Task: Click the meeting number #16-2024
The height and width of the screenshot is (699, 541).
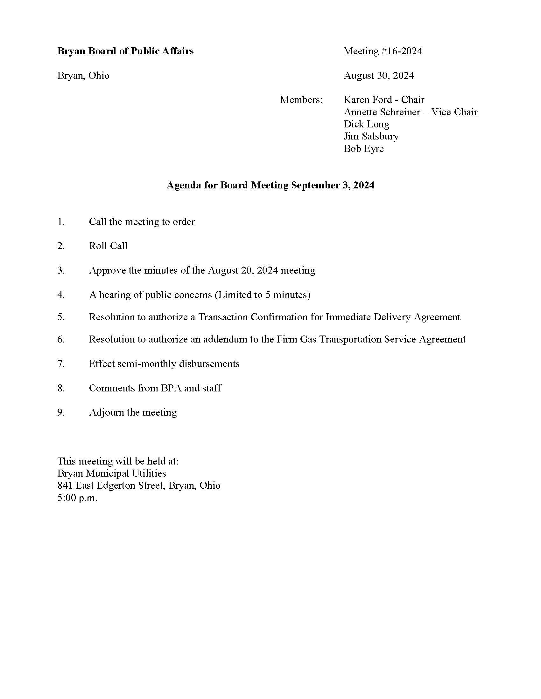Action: (401, 51)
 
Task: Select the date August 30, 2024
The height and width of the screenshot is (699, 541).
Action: (379, 76)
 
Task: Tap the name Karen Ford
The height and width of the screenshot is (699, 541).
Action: (368, 100)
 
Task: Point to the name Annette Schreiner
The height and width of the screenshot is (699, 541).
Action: (382, 112)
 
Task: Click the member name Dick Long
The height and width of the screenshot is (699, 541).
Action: (366, 124)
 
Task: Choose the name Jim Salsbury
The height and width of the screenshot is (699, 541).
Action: (371, 136)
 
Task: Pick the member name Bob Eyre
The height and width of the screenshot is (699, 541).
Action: (363, 148)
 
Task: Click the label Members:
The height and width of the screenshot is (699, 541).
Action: (301, 100)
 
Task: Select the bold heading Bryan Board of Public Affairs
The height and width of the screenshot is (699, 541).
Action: (125, 51)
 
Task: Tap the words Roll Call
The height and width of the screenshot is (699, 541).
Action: (108, 246)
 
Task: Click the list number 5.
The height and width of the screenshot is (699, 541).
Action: (60, 317)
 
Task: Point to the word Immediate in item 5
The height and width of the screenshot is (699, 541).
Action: (348, 317)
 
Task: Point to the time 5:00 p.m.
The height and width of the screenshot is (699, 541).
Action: (77, 498)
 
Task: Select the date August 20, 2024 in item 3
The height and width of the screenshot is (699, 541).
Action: (242, 270)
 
